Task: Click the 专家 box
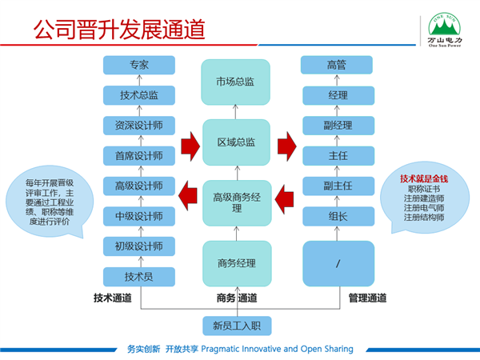tap(138, 65)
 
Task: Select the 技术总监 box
tap(138, 95)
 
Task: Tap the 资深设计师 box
tap(138, 126)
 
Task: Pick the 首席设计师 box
tap(138, 156)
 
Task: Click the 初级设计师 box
tap(138, 246)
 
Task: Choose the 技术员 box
tap(138, 277)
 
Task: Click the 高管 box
tap(337, 65)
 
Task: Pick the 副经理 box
tap(337, 126)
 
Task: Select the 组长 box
tap(337, 215)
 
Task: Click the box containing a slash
tap(337, 262)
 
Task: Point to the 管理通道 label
tap(367, 298)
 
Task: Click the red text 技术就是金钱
tap(423, 178)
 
